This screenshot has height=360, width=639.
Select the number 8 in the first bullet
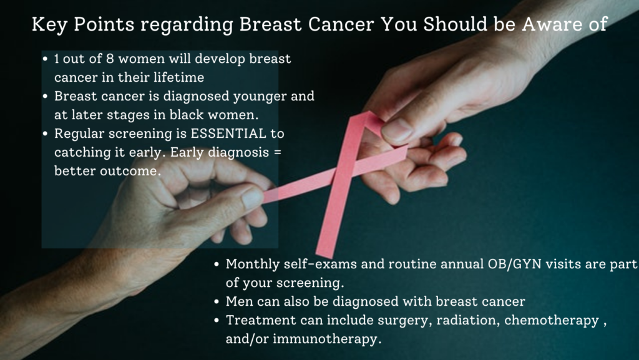point(110,59)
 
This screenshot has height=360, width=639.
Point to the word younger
point(260,97)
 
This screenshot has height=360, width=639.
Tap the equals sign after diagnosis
point(277,152)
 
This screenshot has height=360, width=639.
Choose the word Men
point(237,301)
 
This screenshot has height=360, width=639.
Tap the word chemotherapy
point(552,321)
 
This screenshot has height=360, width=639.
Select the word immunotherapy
point(327,339)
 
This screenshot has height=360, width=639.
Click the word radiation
point(468,320)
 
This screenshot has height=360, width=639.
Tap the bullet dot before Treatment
point(217,321)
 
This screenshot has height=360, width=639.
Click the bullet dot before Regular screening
point(45,134)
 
